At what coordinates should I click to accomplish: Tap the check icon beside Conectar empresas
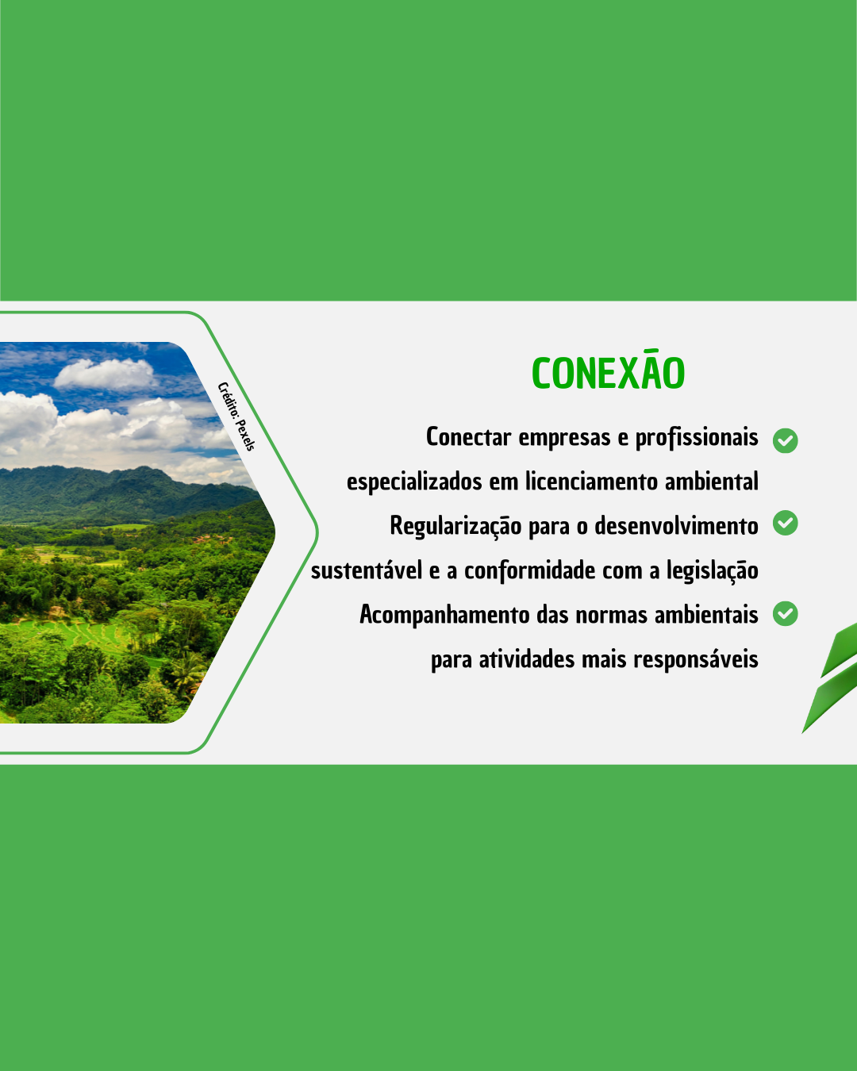[x=785, y=440]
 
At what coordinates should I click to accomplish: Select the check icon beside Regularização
[x=785, y=523]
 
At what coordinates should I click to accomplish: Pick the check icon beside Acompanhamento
[x=785, y=613]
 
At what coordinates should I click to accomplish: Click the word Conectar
[x=469, y=437]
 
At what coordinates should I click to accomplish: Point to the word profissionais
[x=697, y=438]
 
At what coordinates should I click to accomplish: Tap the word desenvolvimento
[x=676, y=525]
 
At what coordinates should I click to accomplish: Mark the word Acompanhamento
[x=444, y=615]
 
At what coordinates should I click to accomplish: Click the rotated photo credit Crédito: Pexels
[x=236, y=416]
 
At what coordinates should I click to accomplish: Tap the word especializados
[x=414, y=482]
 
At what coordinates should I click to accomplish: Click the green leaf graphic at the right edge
[x=832, y=676]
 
